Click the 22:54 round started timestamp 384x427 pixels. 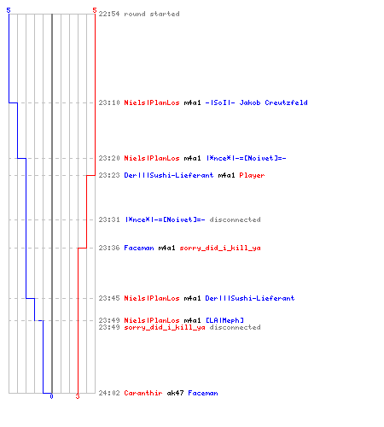[109, 14]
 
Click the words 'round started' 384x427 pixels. [152, 14]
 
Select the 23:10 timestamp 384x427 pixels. [109, 102]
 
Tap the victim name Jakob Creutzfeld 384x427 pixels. [274, 102]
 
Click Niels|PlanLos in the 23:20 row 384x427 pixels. [152, 158]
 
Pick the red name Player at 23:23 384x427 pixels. [252, 175]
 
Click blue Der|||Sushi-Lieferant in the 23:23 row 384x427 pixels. [169, 175]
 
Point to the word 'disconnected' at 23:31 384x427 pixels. [236, 219]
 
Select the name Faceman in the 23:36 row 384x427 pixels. [139, 248]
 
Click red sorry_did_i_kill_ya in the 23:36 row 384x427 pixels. [220, 248]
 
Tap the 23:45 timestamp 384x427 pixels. [109, 298]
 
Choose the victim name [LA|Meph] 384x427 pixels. [224, 320]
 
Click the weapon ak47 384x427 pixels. [175, 393]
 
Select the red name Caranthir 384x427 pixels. [143, 393]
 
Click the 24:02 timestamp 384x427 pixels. [109, 393]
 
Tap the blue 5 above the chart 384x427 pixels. [9, 10]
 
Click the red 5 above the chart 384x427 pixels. [95, 10]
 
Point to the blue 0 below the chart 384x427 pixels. [51, 396]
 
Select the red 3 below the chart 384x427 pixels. [78, 396]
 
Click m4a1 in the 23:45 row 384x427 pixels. [192, 298]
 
